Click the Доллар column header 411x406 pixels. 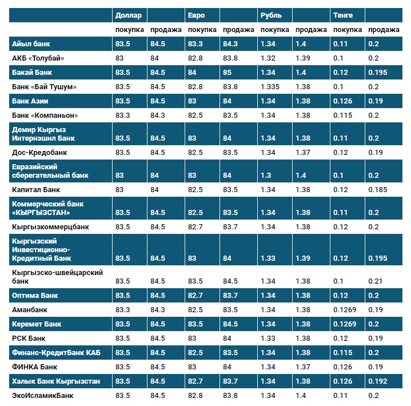[128, 15]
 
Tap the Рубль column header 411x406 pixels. [270, 15]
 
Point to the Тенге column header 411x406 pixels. [343, 15]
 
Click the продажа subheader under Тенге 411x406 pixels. [384, 30]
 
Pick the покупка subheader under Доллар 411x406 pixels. [129, 30]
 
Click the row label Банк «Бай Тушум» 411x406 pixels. [44, 86]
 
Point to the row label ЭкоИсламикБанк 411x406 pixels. [42, 395]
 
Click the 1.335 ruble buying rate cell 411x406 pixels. [271, 86]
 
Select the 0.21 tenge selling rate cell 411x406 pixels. [376, 281]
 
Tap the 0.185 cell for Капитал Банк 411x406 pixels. [378, 189]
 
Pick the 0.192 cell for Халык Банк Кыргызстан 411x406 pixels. [378, 381]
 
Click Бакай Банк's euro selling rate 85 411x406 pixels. [228, 73]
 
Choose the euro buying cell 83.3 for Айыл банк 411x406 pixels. [195, 44]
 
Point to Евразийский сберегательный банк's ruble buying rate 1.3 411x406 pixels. [266, 175]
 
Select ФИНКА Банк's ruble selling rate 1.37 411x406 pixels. [303, 367]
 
